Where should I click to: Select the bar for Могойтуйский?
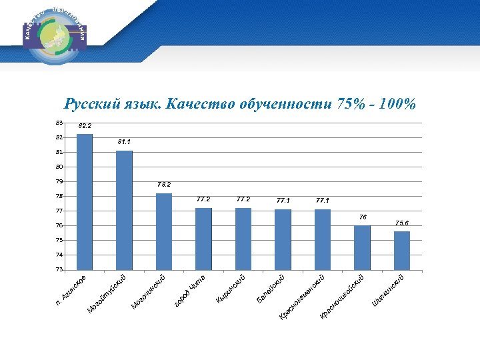point(124,210)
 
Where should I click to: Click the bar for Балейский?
point(283,239)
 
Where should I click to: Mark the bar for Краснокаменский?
point(323,239)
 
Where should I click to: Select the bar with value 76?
point(362,247)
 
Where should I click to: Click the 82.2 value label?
point(85,125)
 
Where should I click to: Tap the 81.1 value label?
point(124,142)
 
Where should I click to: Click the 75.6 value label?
point(402,223)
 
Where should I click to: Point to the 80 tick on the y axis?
point(59,167)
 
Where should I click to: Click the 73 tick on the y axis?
point(59,270)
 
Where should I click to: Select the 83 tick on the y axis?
point(59,123)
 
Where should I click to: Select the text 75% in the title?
point(351,104)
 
